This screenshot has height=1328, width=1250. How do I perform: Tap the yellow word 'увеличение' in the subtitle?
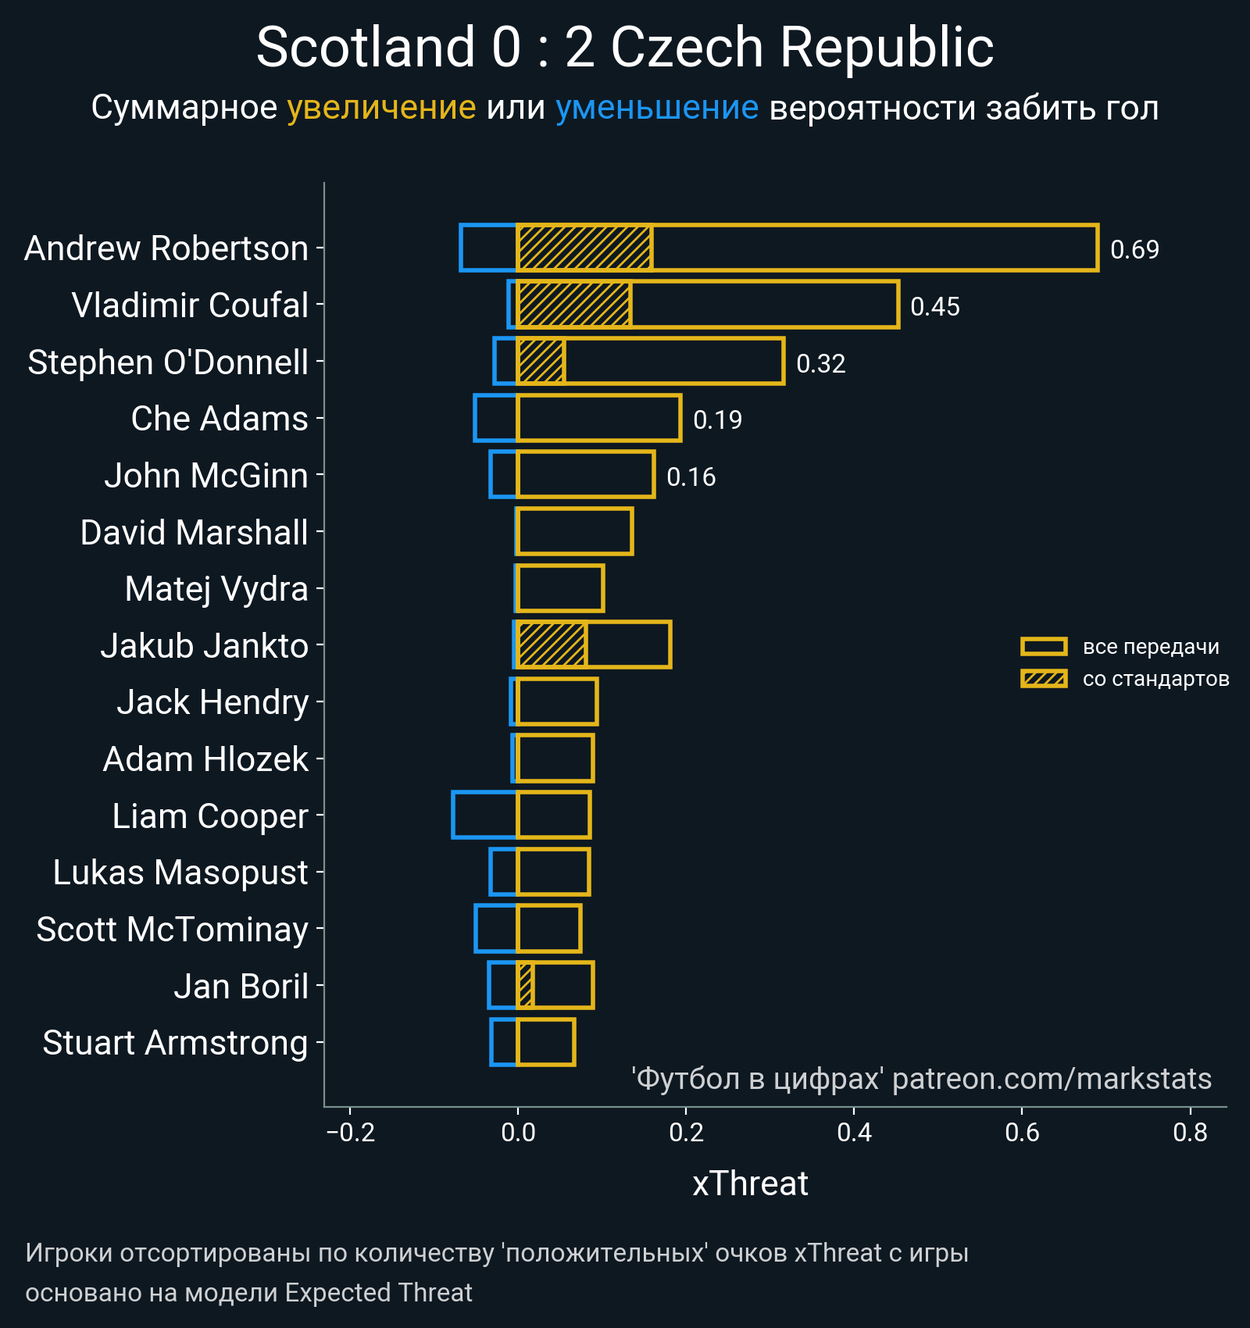pyautogui.click(x=381, y=108)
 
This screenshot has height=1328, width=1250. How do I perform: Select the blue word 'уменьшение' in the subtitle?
pyautogui.click(x=656, y=108)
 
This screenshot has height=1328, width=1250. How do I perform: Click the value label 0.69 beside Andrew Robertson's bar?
pyautogui.click(x=1134, y=250)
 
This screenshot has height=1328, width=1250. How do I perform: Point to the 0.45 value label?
pyautogui.click(x=934, y=307)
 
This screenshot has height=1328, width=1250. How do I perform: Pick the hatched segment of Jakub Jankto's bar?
pyautogui.click(x=552, y=645)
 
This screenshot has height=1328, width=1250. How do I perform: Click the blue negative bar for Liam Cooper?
pyautogui.click(x=484, y=815)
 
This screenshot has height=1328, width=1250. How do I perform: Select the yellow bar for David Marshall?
pyautogui.click(x=575, y=532)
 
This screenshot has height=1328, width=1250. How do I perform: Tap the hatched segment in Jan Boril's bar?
pyautogui.click(x=525, y=986)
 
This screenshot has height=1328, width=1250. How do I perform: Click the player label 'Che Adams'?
pyautogui.click(x=220, y=419)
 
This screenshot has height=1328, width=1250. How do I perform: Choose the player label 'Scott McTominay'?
pyautogui.click(x=172, y=930)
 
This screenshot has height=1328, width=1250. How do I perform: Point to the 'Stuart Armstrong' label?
pyautogui.click(x=175, y=1044)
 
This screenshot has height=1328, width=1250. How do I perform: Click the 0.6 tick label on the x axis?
pyautogui.click(x=1022, y=1133)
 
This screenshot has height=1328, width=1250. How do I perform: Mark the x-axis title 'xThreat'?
pyautogui.click(x=750, y=1184)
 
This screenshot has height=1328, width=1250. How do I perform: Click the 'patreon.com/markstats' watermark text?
pyautogui.click(x=1052, y=1079)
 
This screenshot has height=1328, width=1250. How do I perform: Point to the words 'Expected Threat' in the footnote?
pyautogui.click(x=378, y=1293)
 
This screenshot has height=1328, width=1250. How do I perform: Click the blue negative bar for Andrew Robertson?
pyautogui.click(x=489, y=248)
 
